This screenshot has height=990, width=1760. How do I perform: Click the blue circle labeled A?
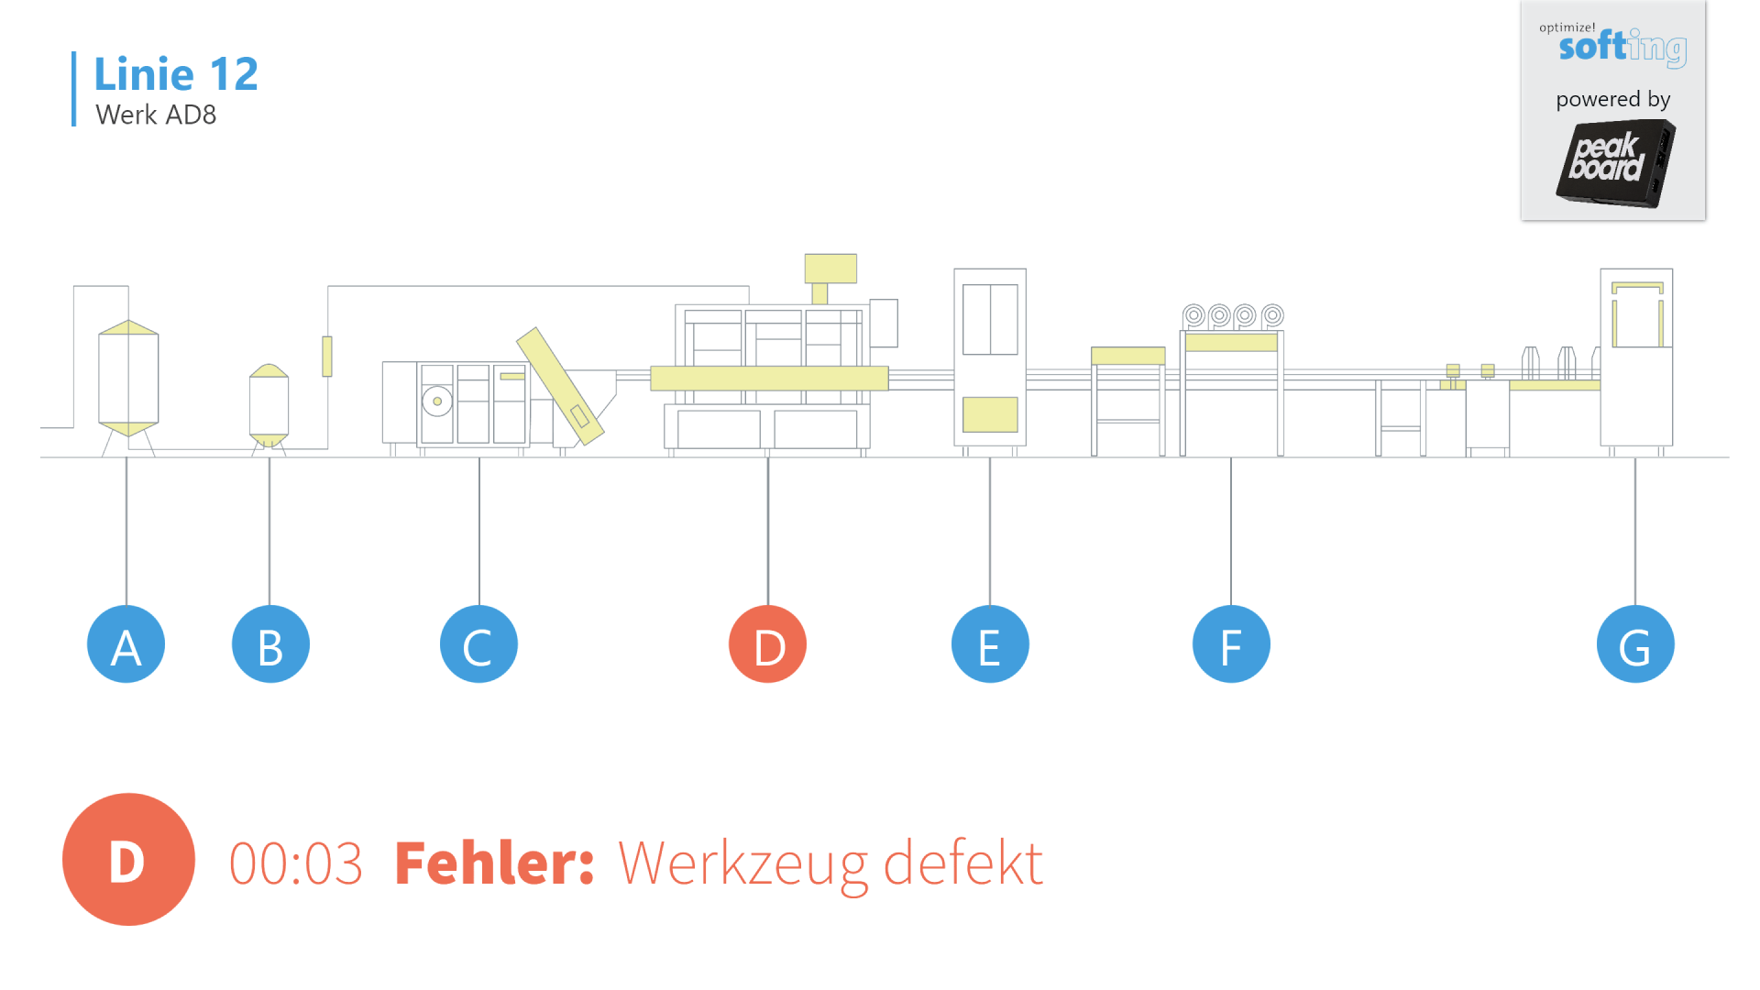(x=126, y=644)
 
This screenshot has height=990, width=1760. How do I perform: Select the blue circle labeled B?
(x=270, y=644)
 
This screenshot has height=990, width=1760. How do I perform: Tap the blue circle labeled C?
(x=478, y=644)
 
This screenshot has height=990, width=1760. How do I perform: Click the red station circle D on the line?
(x=767, y=644)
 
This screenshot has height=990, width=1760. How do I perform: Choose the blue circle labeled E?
(x=990, y=644)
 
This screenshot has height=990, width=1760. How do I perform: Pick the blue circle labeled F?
(x=1231, y=644)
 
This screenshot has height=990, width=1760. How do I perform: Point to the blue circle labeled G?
(x=1635, y=644)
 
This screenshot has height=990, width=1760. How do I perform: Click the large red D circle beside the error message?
(x=128, y=860)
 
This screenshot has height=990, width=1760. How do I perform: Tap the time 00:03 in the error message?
(x=295, y=863)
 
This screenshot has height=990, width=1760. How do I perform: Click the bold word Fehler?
(x=495, y=863)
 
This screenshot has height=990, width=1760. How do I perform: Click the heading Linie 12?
(x=176, y=74)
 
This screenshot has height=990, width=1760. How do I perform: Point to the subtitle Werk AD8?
(x=156, y=115)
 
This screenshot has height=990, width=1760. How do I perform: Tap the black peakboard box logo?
(x=1615, y=163)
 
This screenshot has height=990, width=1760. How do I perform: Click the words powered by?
(x=1613, y=99)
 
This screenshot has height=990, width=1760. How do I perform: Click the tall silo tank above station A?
(x=128, y=378)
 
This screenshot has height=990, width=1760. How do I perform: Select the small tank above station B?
(x=269, y=403)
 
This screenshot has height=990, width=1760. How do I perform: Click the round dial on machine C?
(x=437, y=401)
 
